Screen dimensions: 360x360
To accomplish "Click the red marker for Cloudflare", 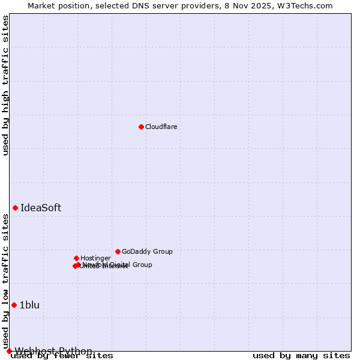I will pyautogui.click(x=141, y=127).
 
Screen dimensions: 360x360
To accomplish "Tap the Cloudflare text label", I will pyautogui.click(x=161, y=127).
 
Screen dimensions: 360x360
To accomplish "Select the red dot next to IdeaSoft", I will pyautogui.click(x=15, y=208).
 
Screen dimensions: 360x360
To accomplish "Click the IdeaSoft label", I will pyautogui.click(x=41, y=208).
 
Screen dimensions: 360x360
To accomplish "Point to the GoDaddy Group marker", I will pyautogui.click(x=118, y=251).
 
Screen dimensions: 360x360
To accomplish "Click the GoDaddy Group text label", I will pyautogui.click(x=147, y=251).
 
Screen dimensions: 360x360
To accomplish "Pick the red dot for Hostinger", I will pyautogui.click(x=76, y=258).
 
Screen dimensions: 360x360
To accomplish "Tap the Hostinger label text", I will pyautogui.click(x=95, y=258).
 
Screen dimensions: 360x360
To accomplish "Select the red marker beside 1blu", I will pyautogui.click(x=14, y=305).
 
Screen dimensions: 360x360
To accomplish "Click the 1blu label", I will pyautogui.click(x=29, y=305).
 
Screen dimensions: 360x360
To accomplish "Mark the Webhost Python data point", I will pyautogui.click(x=9, y=351).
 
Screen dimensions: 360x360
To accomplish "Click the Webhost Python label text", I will pyautogui.click(x=53, y=351).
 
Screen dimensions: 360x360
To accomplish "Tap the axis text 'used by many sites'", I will pyautogui.click(x=301, y=355).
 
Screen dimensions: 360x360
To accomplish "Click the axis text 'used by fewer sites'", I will pyautogui.click(x=62, y=355).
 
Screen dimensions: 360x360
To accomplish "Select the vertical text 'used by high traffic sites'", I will pyautogui.click(x=6, y=85).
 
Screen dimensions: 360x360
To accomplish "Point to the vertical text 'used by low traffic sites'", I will pyautogui.click(x=6, y=281).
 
